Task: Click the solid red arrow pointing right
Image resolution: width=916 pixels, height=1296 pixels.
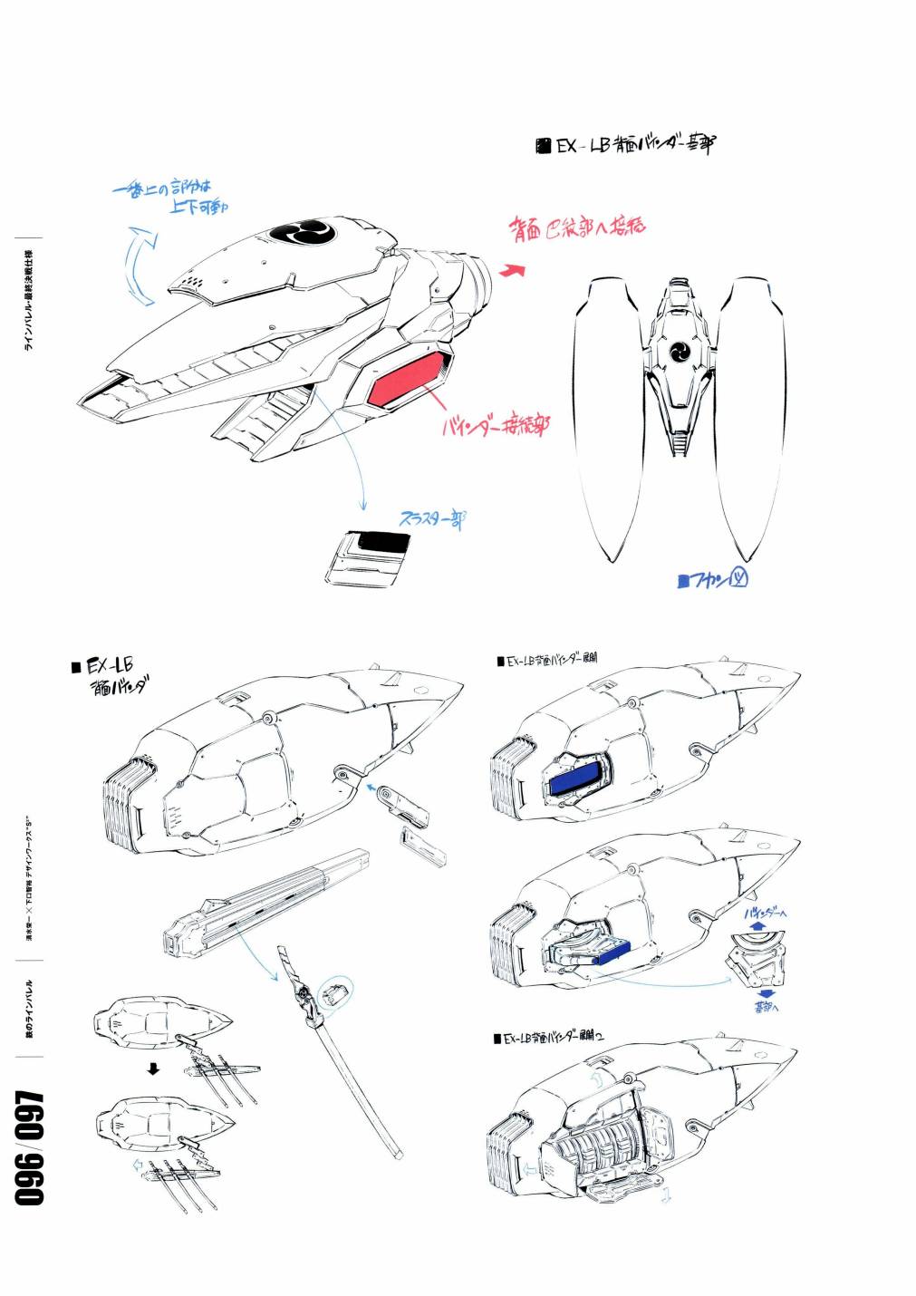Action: click(514, 269)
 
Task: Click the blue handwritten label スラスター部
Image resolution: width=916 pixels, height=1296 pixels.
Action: click(432, 519)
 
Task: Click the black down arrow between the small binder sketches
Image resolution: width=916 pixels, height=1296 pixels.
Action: click(153, 1069)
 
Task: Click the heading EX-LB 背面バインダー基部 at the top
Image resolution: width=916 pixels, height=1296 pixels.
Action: click(627, 145)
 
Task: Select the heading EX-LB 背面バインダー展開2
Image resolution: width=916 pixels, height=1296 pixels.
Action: click(551, 1036)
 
